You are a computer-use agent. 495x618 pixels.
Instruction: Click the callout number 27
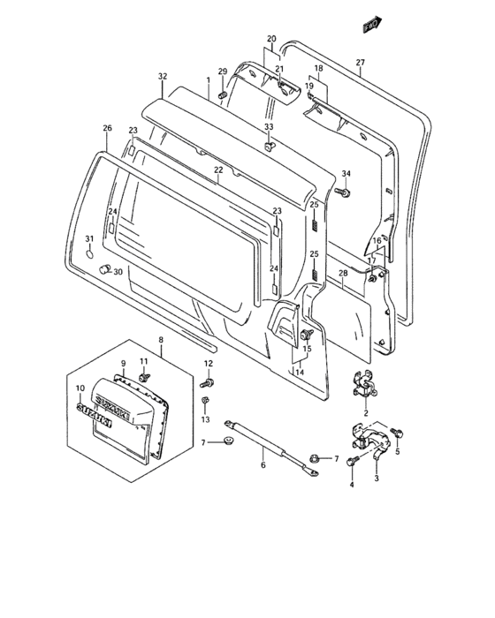360,62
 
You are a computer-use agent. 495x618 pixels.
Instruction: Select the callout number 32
163,77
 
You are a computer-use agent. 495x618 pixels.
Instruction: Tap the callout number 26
107,129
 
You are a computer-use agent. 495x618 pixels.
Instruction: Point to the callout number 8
161,339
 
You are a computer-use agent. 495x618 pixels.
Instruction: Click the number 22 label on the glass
217,170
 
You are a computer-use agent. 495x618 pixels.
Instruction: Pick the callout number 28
343,275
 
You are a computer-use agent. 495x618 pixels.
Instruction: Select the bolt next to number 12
209,382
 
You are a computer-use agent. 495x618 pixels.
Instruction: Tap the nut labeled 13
205,402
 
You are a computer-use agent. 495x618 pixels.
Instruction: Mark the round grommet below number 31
90,253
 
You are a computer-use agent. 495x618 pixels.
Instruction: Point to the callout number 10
80,388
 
